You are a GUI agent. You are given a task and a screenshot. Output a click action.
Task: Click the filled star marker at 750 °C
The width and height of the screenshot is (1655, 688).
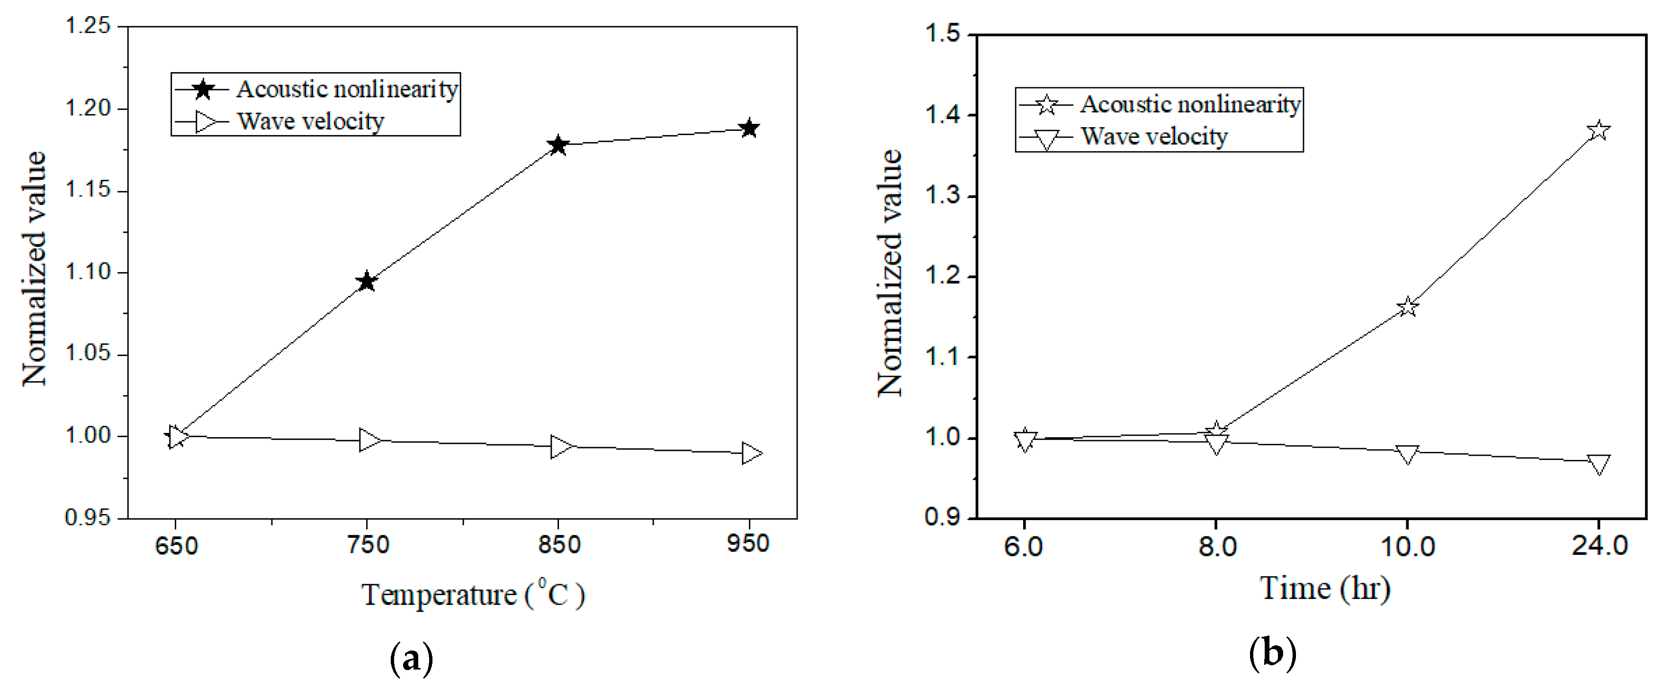pyautogui.click(x=367, y=281)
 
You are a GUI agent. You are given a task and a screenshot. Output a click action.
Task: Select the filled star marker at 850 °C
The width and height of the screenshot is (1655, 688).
pyautogui.click(x=558, y=145)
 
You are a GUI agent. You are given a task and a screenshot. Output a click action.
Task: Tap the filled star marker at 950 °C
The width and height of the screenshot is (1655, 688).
pyautogui.click(x=749, y=128)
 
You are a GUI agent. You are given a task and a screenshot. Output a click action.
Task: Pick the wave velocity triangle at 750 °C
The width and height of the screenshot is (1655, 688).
pyautogui.click(x=369, y=440)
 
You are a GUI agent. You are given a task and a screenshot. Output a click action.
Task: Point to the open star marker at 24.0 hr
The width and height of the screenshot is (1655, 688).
pyautogui.click(x=1599, y=130)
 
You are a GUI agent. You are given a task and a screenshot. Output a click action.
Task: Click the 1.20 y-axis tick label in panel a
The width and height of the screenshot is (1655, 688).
pyautogui.click(x=89, y=108)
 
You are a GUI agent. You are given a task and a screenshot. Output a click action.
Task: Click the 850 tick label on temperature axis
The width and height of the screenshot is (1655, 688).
pyautogui.click(x=559, y=545)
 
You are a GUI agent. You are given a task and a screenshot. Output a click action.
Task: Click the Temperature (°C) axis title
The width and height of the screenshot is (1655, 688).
pyautogui.click(x=473, y=594)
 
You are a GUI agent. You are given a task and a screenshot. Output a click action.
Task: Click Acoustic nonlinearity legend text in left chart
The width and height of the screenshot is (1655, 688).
pyautogui.click(x=347, y=89)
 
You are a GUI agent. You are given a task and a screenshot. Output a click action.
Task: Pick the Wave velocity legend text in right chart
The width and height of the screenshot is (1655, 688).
pyautogui.click(x=1154, y=136)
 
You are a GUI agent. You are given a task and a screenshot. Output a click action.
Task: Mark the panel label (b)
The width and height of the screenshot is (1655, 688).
pyautogui.click(x=1272, y=654)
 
